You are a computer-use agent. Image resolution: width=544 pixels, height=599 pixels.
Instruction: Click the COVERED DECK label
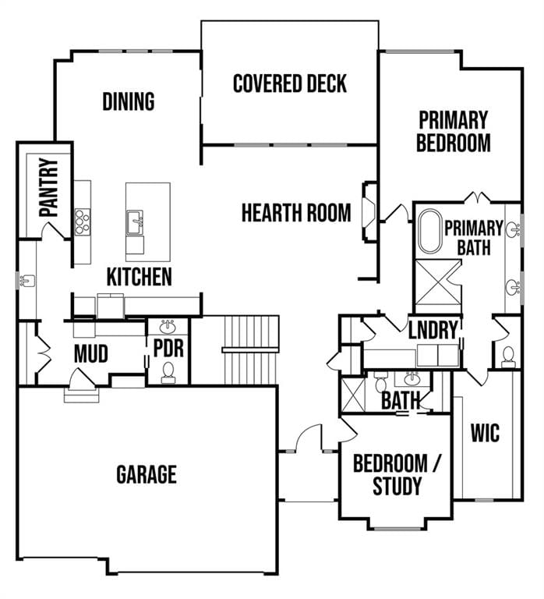[x=290, y=83]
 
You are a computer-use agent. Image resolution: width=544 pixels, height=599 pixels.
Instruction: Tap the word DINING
[x=129, y=101]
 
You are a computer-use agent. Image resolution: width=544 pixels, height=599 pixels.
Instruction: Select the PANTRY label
[x=49, y=187]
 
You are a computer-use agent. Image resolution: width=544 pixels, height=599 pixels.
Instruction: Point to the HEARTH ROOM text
[x=296, y=213]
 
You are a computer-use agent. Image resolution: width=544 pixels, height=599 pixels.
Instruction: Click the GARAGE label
[x=147, y=474]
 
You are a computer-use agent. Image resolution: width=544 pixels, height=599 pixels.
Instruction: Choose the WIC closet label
[x=485, y=433]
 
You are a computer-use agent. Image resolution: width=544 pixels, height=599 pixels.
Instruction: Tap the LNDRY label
[x=433, y=330]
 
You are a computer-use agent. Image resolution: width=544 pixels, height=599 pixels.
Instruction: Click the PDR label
[x=168, y=348]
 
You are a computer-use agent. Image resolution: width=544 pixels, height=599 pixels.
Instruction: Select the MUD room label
[x=91, y=354]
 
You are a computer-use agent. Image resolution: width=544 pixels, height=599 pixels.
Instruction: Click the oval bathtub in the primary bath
[x=430, y=231]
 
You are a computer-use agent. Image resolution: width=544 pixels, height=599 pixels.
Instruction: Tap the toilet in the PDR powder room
[x=168, y=373]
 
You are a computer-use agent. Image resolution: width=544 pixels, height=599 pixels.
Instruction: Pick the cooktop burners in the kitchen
[x=82, y=222]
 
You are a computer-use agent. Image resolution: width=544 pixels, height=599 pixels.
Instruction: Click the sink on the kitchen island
[x=135, y=223]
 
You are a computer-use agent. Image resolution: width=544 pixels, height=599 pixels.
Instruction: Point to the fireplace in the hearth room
[x=369, y=211]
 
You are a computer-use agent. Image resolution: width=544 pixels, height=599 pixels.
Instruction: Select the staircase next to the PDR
[x=252, y=349]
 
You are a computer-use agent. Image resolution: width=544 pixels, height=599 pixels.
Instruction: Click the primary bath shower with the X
[x=438, y=282]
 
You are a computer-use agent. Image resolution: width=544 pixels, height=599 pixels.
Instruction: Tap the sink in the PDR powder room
[x=168, y=327]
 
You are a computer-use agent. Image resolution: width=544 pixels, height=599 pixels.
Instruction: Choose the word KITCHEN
[x=140, y=277]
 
